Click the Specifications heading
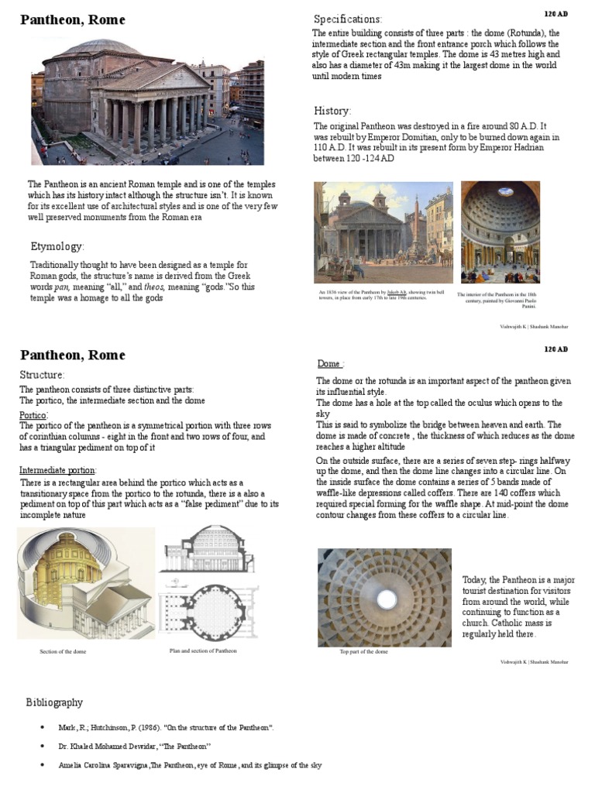pyautogui.click(x=348, y=19)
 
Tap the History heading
pyautogui.click(x=332, y=111)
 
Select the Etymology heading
pyautogui.click(x=57, y=246)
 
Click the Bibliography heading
pyautogui.click(x=54, y=702)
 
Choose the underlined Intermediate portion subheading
pyautogui.click(x=57, y=470)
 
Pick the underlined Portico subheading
pyautogui.click(x=33, y=415)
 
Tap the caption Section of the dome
pyautogui.click(x=63, y=652)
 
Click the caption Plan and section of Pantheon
pyautogui.click(x=203, y=651)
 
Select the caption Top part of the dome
pyautogui.click(x=363, y=652)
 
